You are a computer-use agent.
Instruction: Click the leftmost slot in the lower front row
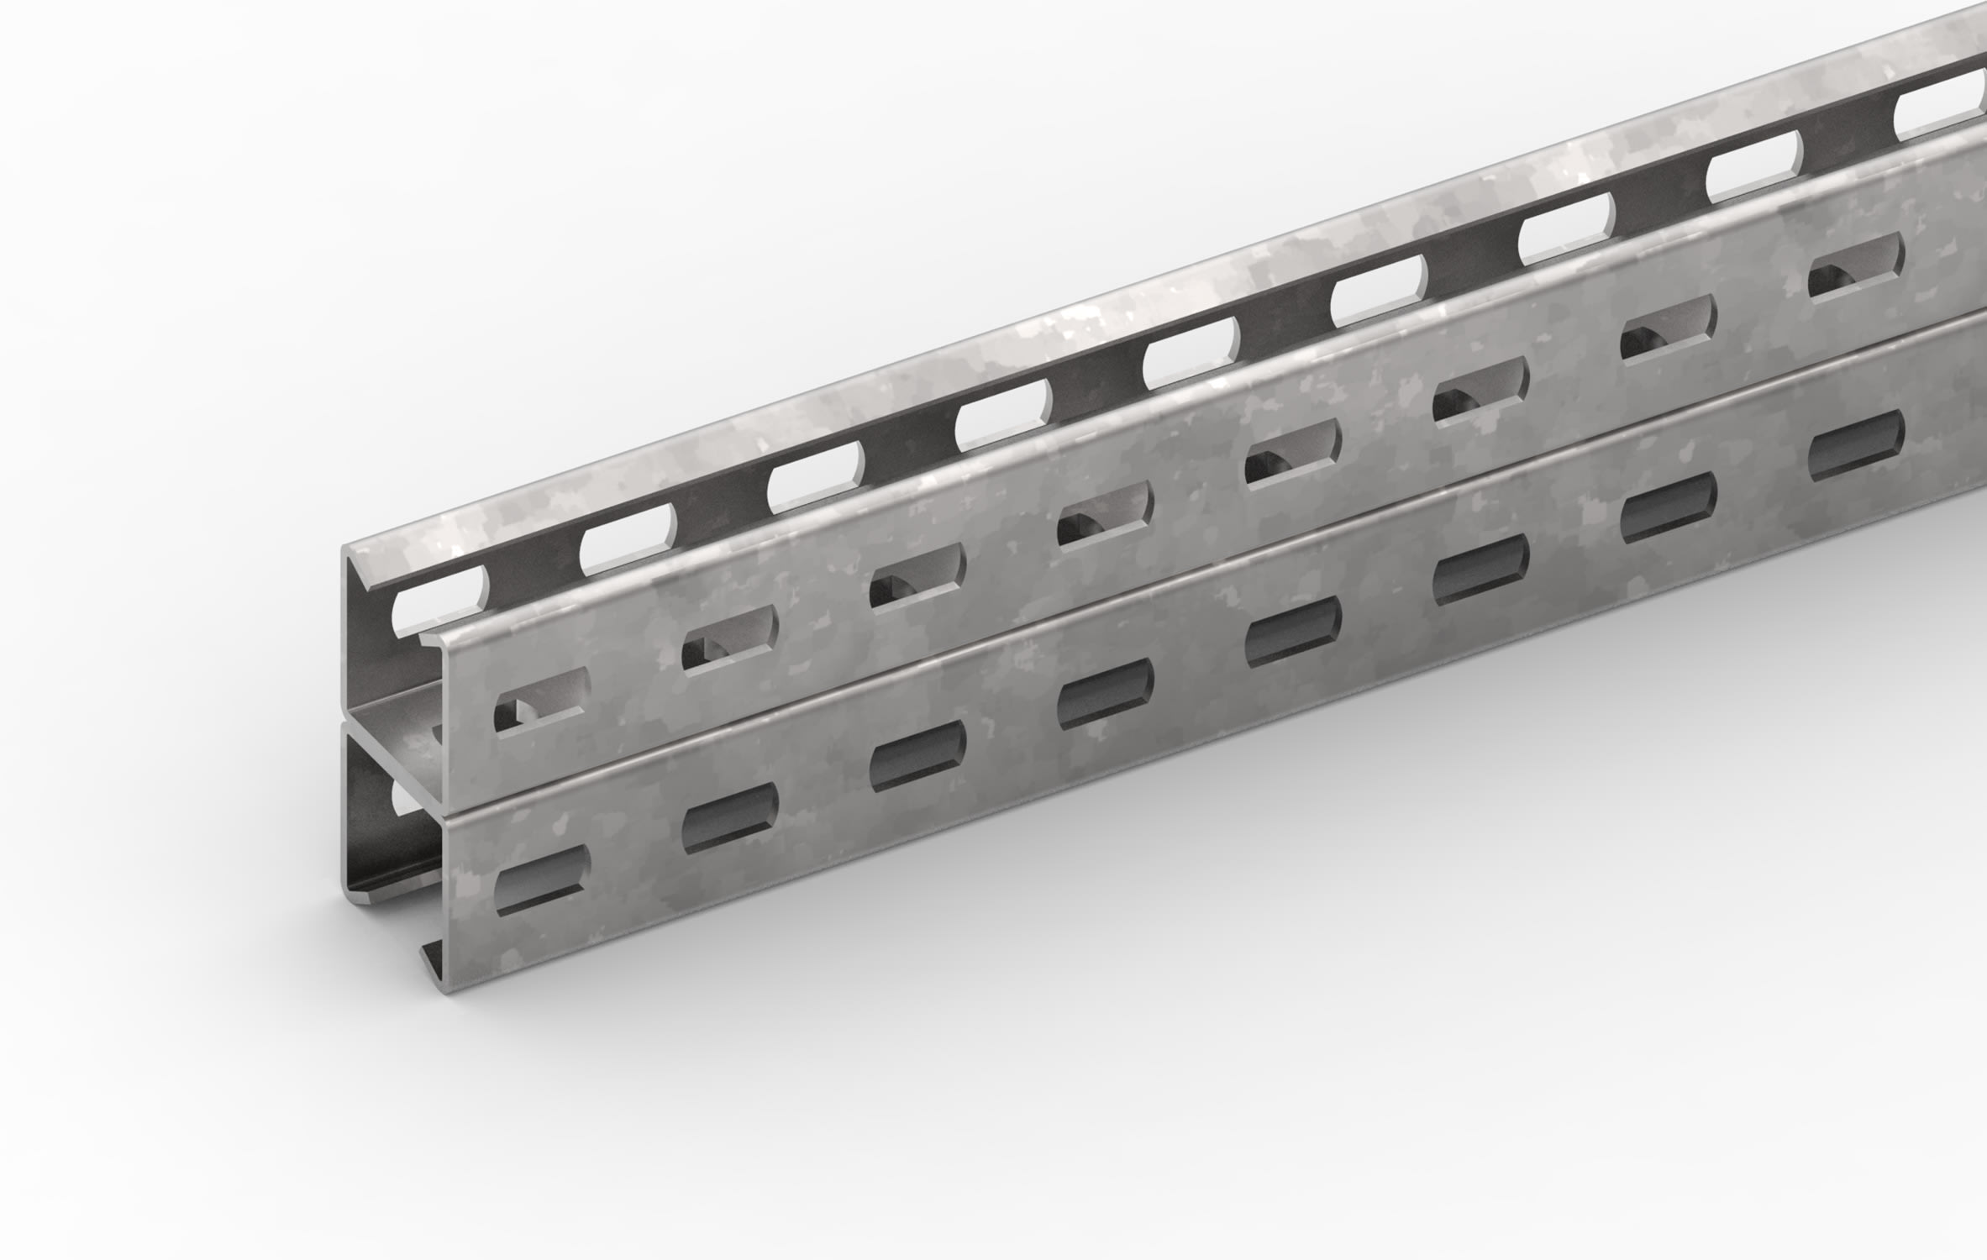(x=543, y=881)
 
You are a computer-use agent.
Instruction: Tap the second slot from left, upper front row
(x=730, y=640)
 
